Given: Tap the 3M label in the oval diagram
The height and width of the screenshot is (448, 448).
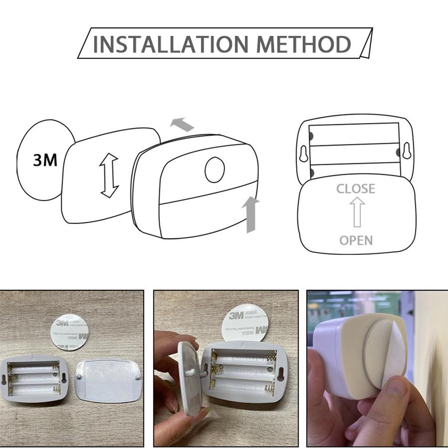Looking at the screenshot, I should [x=45, y=160].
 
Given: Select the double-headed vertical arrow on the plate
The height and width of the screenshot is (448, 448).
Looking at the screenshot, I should [x=109, y=175].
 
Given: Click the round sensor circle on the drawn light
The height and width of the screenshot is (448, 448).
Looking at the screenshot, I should [x=215, y=169].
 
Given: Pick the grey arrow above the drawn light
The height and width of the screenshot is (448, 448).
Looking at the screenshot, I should [x=182, y=124].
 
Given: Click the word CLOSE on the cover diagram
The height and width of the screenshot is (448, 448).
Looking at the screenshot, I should [x=355, y=189].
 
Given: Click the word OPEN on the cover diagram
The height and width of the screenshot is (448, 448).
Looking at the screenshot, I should [x=356, y=240].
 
